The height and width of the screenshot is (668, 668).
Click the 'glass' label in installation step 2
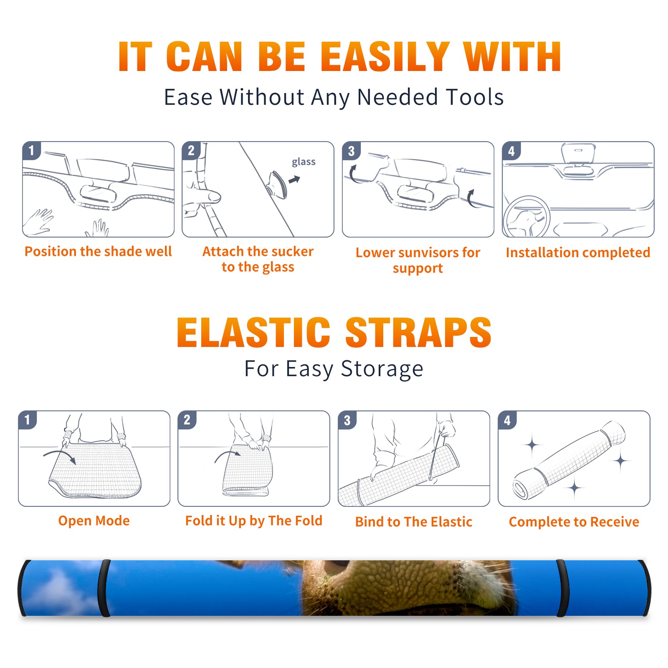pos(304,162)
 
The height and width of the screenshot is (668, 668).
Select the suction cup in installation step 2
pos(278,185)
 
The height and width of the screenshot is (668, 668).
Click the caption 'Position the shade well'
pos(98,251)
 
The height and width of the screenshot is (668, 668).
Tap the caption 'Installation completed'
pos(578,253)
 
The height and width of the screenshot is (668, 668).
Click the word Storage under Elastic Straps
pos(382,369)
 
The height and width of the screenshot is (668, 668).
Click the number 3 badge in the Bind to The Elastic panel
pos(347,420)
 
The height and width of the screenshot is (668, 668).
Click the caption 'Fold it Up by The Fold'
pos(254,521)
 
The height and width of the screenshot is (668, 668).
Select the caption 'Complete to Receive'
pos(574,522)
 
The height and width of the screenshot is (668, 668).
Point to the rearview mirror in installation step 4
pos(578,154)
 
